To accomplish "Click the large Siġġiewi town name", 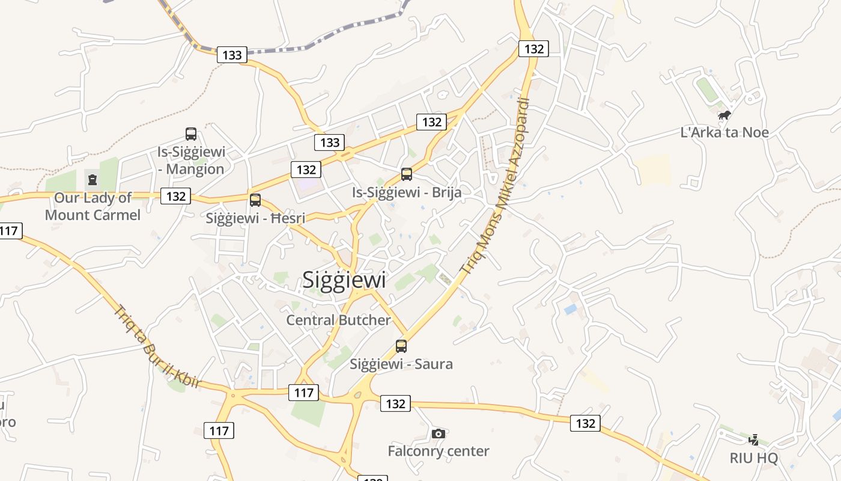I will pyautogui.click(x=344, y=280).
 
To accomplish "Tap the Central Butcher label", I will pyautogui.click(x=338, y=320).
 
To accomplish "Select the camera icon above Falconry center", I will pyautogui.click(x=439, y=434).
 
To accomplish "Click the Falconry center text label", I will pyautogui.click(x=439, y=451).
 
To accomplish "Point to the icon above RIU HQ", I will pyautogui.click(x=753, y=440).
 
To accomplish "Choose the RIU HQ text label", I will pyautogui.click(x=753, y=458).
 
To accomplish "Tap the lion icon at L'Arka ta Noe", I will pyautogui.click(x=724, y=115).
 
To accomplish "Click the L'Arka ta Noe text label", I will pyautogui.click(x=724, y=132).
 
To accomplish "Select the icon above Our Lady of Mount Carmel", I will pyautogui.click(x=93, y=179).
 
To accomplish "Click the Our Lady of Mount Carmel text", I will pyautogui.click(x=93, y=206).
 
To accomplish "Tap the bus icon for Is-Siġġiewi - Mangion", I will pyautogui.click(x=191, y=134).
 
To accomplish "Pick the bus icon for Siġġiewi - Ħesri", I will pyautogui.click(x=255, y=200).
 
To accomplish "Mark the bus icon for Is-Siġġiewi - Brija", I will pyautogui.click(x=407, y=174).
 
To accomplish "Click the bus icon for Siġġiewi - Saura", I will pyautogui.click(x=401, y=346).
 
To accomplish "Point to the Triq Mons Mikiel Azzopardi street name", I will pyautogui.click(x=496, y=186).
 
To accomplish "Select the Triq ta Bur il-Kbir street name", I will pyautogui.click(x=157, y=346).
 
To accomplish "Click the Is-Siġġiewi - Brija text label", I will pyautogui.click(x=407, y=192).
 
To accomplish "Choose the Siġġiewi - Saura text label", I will pyautogui.click(x=401, y=364).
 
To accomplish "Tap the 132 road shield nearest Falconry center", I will pyautogui.click(x=395, y=404).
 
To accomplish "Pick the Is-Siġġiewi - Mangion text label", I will pyautogui.click(x=191, y=160).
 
